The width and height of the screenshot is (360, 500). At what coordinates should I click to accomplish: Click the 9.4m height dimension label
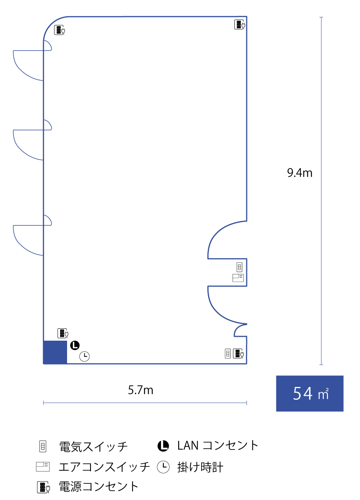pyautogui.click(x=299, y=173)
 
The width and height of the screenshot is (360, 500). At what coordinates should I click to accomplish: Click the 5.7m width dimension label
pyautogui.click(x=141, y=390)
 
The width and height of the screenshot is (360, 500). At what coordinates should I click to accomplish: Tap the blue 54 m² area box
pyautogui.click(x=310, y=393)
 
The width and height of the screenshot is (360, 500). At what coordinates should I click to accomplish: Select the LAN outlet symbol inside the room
pyautogui.click(x=75, y=345)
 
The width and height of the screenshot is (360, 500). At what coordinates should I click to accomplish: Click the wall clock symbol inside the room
pyautogui.click(x=84, y=356)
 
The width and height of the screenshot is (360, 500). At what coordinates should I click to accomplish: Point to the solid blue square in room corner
pyautogui.click(x=55, y=352)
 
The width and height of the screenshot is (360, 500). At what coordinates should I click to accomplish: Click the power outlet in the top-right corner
pyautogui.click(x=240, y=25)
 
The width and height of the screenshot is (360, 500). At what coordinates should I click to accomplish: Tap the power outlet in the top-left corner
pyautogui.click(x=59, y=30)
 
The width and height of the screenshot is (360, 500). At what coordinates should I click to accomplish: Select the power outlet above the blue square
pyautogui.click(x=63, y=333)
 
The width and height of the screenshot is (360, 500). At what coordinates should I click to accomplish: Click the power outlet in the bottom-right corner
pyautogui.click(x=239, y=353)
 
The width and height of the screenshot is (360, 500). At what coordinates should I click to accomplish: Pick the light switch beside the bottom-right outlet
pyautogui.click(x=228, y=353)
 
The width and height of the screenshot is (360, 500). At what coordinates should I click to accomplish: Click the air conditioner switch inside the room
pyautogui.click(x=238, y=277)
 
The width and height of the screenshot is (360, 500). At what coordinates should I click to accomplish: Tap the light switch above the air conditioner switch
pyautogui.click(x=239, y=267)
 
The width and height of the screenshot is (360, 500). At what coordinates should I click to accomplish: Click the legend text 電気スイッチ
pyautogui.click(x=93, y=446)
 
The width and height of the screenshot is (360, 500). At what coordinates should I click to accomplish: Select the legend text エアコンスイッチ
pyautogui.click(x=104, y=467)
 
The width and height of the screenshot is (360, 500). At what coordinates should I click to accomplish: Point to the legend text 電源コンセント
pyautogui.click(x=98, y=486)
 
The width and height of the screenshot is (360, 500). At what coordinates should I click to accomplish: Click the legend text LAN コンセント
pyautogui.click(x=217, y=446)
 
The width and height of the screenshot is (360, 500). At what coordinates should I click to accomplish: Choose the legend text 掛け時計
pyautogui.click(x=200, y=467)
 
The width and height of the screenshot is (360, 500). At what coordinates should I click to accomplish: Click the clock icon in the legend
pyautogui.click(x=163, y=467)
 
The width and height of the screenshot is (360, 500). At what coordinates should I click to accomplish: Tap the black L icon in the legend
pyautogui.click(x=163, y=446)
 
